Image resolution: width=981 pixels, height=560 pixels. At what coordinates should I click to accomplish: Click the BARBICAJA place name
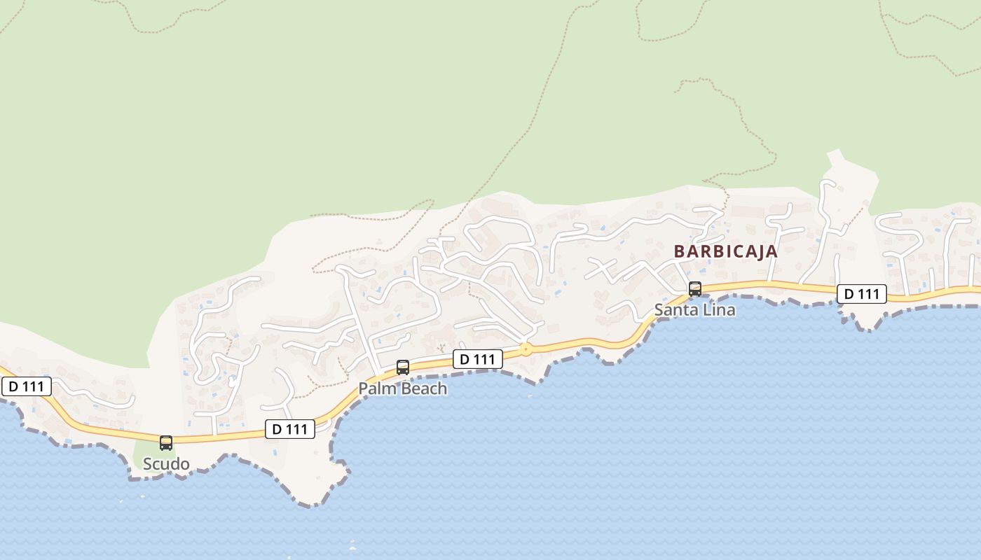tap(725, 252)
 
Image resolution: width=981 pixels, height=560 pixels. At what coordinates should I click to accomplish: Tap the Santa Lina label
tap(694, 309)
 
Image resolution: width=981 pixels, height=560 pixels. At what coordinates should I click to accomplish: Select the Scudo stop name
tap(166, 463)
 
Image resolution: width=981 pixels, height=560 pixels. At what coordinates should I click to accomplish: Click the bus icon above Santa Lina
tap(694, 288)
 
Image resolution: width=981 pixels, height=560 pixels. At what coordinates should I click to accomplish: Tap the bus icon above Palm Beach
tap(402, 367)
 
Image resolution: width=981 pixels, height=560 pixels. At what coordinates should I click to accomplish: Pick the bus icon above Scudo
tap(166, 442)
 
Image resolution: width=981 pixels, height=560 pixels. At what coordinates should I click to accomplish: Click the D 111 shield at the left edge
tap(26, 386)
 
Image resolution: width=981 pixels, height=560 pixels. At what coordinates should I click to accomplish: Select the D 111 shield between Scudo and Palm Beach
tap(289, 429)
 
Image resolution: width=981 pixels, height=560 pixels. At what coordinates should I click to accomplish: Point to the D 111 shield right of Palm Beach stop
tap(478, 360)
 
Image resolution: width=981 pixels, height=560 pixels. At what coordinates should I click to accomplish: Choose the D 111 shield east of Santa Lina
tap(861, 294)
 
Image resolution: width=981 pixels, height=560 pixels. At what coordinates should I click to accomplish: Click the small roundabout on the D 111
tap(525, 348)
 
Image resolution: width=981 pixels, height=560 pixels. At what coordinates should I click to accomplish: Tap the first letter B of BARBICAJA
tap(679, 252)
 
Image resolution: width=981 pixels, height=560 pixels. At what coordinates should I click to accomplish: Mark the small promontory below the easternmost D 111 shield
tap(867, 323)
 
